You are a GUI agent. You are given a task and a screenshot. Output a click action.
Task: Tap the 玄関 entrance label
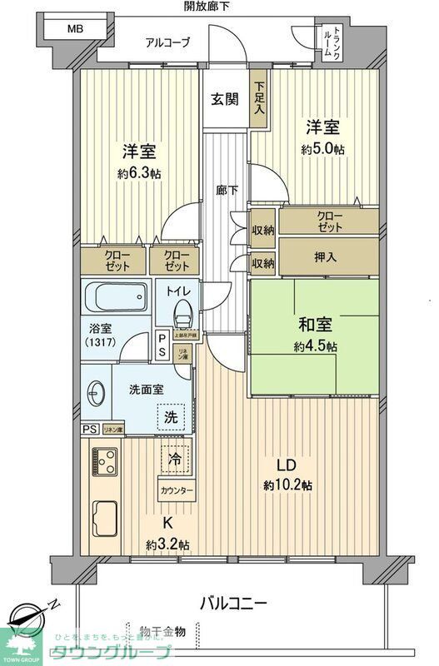pyautogui.click(x=225, y=100)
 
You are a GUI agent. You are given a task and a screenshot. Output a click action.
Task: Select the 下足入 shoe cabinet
pyautogui.click(x=260, y=97)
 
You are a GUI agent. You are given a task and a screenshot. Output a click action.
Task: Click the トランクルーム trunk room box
pyautogui.click(x=337, y=43)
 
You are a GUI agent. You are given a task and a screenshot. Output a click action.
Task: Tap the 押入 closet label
pyautogui.click(x=327, y=256)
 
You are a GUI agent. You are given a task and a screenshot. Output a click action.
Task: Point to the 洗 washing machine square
pyautogui.click(x=170, y=416)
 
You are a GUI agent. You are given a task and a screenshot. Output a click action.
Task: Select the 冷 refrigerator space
pyautogui.click(x=176, y=459)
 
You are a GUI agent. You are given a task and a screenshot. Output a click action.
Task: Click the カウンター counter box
pyautogui.click(x=177, y=490)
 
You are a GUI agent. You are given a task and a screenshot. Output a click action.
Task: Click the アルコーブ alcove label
pyautogui.click(x=167, y=42)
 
